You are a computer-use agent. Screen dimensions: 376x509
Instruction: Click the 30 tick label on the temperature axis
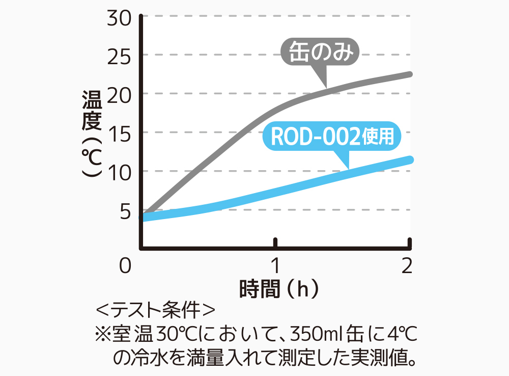120,17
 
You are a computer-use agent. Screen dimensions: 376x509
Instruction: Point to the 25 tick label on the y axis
120,55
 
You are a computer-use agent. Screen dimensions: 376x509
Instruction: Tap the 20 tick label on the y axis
120,94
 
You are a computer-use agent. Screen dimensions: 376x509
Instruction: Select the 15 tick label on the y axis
120,132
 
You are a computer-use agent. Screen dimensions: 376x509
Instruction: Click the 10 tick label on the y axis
120,171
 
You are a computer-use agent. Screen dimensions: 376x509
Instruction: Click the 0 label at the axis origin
126,266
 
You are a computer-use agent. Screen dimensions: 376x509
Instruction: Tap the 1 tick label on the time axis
275,266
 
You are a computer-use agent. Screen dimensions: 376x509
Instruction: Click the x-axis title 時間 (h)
279,289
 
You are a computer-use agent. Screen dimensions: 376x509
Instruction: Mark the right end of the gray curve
410,74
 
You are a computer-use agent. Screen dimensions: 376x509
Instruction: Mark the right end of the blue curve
410,160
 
